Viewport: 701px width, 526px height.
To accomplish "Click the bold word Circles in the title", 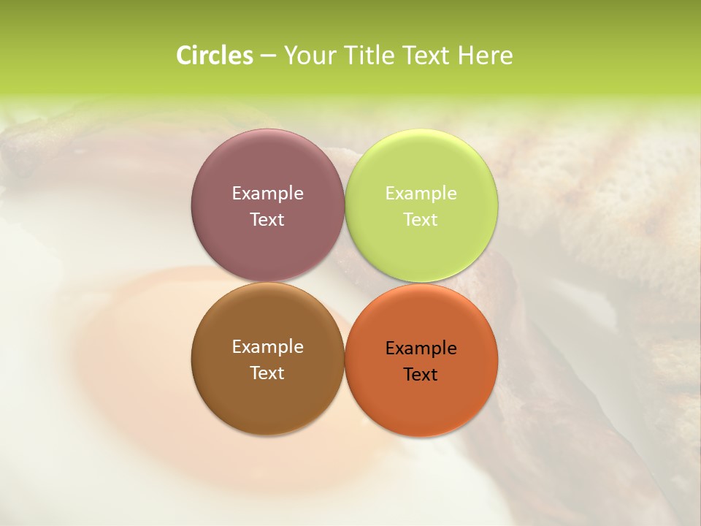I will click(x=214, y=56).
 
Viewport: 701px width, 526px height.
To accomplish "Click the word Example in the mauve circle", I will click(x=267, y=194).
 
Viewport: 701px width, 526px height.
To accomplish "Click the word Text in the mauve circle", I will click(x=267, y=220).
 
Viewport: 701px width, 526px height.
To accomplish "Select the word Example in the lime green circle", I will click(x=421, y=194).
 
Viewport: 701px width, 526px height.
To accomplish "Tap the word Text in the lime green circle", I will click(x=421, y=220).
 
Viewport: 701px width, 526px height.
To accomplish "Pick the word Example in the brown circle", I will click(x=267, y=347).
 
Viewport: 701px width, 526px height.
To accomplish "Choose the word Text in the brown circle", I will click(x=267, y=373).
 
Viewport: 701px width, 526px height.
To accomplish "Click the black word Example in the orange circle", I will click(x=421, y=348).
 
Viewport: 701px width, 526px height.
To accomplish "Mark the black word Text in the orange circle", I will click(x=421, y=375).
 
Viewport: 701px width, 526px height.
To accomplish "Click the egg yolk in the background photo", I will click(x=146, y=365).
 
